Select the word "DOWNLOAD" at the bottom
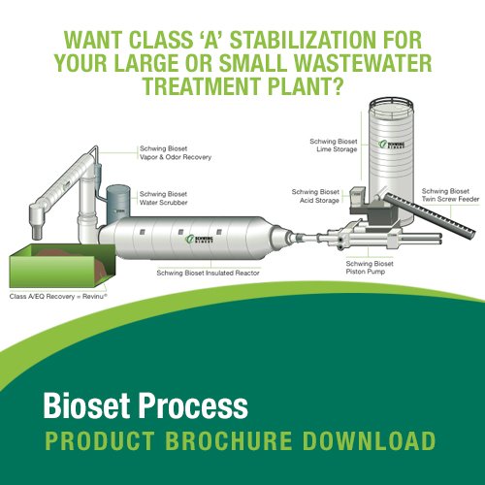point(364,441)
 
